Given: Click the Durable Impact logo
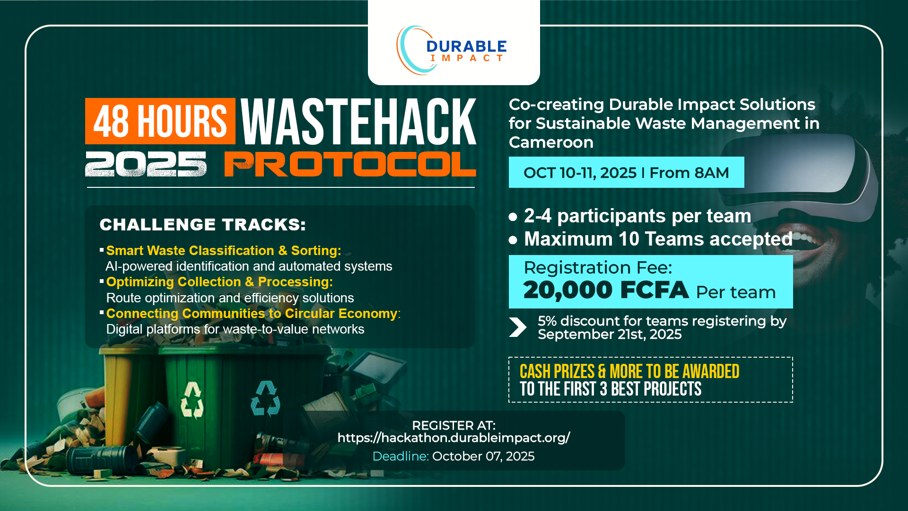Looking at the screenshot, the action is (x=452, y=50).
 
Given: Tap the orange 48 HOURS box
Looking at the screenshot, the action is (x=160, y=121).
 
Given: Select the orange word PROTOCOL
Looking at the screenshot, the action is (x=350, y=164).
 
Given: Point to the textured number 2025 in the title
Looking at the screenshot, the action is (x=146, y=164).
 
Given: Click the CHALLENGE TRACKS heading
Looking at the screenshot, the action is (x=203, y=224).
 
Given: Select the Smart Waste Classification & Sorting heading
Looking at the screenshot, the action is (x=224, y=250).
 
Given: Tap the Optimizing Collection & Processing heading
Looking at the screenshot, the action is (x=219, y=282).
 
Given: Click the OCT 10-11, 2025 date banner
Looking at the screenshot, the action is (x=626, y=172).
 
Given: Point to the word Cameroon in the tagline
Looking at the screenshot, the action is (x=551, y=142).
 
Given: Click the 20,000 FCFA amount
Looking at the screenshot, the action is (x=606, y=290).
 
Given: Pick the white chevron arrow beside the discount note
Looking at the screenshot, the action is (x=518, y=327).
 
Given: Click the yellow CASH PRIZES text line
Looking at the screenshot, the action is (x=629, y=371).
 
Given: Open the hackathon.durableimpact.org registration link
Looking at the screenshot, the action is (x=454, y=438).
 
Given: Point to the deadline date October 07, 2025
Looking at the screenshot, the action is (x=483, y=456).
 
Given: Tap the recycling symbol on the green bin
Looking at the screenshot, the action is (x=265, y=398).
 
